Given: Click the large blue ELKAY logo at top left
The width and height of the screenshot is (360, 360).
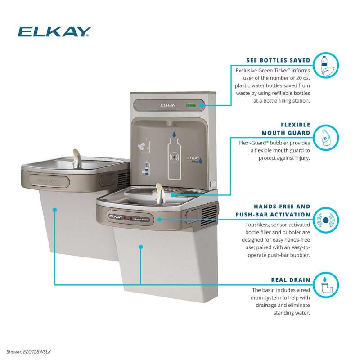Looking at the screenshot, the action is [x=54, y=31].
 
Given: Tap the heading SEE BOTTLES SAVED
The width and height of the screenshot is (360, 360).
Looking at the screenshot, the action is [x=278, y=60].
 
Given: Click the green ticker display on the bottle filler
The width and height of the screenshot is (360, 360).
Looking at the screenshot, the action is [x=191, y=105].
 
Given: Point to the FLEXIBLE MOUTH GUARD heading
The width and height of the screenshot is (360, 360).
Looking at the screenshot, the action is [x=286, y=129].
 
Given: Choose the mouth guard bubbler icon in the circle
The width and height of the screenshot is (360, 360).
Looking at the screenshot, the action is [x=326, y=138].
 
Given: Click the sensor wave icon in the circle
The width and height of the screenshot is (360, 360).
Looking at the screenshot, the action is [x=326, y=220].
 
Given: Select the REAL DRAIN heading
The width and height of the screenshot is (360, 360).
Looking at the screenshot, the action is [x=291, y=280].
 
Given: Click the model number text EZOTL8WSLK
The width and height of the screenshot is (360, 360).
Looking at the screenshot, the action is [x=37, y=352].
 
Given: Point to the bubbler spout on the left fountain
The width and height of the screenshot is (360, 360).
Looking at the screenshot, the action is [x=76, y=158].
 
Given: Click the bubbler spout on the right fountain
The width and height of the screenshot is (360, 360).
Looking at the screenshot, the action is [x=160, y=193].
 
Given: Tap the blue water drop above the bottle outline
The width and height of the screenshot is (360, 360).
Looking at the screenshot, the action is [x=174, y=134].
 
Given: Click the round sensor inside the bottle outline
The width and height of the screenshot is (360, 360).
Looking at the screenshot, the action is [x=175, y=157].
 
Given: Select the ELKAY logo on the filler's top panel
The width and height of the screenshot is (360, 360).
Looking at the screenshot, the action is [x=168, y=105].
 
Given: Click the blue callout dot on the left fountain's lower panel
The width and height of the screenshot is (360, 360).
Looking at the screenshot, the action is [x=54, y=210].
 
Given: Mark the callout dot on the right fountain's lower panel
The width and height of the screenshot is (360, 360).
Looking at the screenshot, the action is [x=141, y=247].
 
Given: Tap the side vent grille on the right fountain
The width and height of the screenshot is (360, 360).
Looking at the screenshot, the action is [x=208, y=215].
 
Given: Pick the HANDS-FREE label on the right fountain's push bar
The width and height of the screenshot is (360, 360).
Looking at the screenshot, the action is [x=140, y=220].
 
